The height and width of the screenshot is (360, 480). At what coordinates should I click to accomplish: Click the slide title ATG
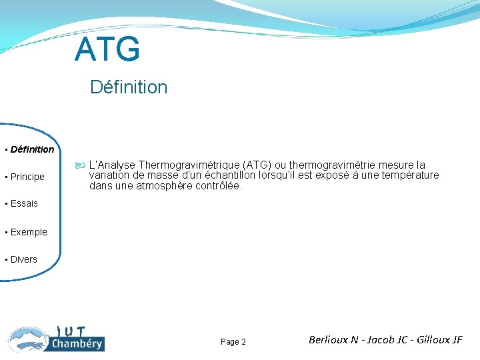pos(107,49)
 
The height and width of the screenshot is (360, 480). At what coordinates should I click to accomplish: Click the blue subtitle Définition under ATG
pos(129,87)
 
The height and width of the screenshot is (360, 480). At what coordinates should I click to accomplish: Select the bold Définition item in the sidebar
pos(32,149)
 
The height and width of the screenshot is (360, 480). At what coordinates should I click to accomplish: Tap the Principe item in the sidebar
pos(27,177)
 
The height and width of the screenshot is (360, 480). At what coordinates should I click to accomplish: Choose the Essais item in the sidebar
pos(24,203)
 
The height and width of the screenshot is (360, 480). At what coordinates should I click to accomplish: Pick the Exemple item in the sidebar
pos(29,232)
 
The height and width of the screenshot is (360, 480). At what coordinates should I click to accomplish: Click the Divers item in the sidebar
pos(24,259)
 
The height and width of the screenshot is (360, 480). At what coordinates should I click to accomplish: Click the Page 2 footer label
pos(233,342)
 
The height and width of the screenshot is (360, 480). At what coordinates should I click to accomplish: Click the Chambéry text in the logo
pos(77,344)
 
